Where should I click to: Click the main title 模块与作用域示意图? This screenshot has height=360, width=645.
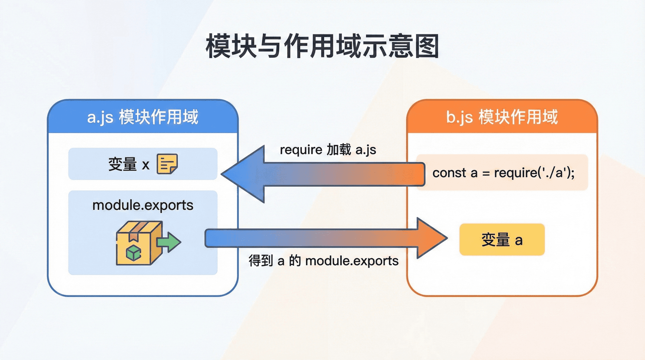pos(322,46)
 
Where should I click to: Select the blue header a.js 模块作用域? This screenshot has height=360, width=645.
pos(143,117)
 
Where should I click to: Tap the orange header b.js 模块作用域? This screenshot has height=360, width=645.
pos(502,117)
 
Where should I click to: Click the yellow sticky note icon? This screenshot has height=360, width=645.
pos(167,164)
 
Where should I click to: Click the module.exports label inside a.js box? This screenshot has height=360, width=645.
pos(143,205)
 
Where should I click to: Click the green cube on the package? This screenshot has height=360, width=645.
pos(134,253)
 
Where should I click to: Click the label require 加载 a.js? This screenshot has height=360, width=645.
pos(328,149)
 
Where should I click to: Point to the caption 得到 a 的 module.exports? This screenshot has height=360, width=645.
pos(324,261)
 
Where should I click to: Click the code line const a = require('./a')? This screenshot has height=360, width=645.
pos(503,173)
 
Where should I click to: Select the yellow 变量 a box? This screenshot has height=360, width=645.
pos(502,240)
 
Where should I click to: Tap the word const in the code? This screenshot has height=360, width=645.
pos(449,173)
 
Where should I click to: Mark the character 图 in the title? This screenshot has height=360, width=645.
pos(427,46)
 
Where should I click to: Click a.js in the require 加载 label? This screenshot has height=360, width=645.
pos(366,150)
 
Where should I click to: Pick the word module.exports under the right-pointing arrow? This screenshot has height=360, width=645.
pos(352,261)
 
